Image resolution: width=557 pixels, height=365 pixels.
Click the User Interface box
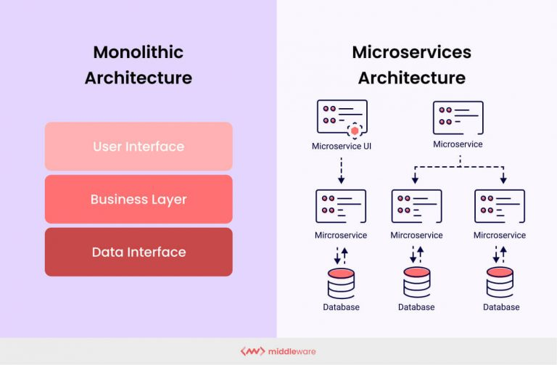click(x=139, y=147)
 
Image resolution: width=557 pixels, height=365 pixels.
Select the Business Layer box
click(x=139, y=200)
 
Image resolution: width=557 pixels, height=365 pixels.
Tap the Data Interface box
click(x=139, y=253)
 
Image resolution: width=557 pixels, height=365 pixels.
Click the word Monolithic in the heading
click(x=138, y=52)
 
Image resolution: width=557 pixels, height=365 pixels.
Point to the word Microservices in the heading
click(x=411, y=52)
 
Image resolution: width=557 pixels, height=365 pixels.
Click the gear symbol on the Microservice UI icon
click(x=355, y=131)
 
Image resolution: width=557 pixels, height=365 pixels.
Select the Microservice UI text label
click(x=341, y=146)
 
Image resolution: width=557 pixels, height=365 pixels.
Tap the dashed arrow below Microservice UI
click(x=341, y=171)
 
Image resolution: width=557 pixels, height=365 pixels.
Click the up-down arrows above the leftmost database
click(x=341, y=255)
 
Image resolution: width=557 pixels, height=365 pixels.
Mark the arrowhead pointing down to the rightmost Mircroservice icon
click(x=503, y=179)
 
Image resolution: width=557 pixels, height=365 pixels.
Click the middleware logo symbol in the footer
click(x=252, y=351)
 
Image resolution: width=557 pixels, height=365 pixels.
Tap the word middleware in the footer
click(x=292, y=351)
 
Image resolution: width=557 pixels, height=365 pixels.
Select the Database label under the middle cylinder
click(x=416, y=307)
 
